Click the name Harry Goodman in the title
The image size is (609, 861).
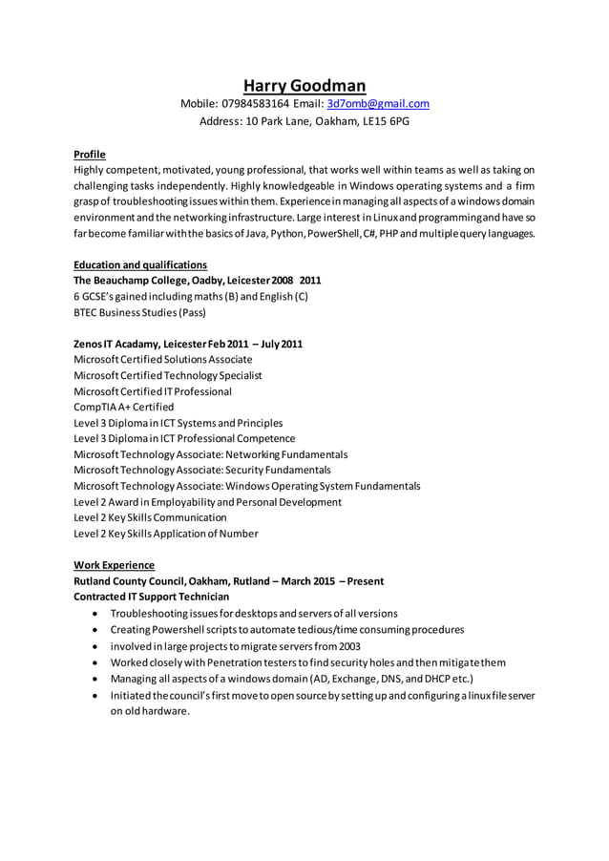[304, 84]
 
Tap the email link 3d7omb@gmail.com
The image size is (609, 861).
[378, 104]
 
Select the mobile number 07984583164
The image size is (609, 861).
[255, 104]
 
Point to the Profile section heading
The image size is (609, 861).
[90, 154]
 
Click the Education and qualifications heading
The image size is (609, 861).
[139, 264]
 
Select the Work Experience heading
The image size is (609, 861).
[114, 565]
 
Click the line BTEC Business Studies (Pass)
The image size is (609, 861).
[138, 312]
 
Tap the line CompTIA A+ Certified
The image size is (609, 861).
[123, 407]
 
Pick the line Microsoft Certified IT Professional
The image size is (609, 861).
[152, 391]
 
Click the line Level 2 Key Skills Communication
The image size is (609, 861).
[150, 517]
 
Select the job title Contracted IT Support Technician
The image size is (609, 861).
[151, 597]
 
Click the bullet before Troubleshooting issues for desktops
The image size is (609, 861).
[96, 614]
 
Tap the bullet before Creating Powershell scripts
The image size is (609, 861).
[96, 630]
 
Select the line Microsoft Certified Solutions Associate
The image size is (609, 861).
[162, 359]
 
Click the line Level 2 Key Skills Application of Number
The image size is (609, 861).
[165, 534]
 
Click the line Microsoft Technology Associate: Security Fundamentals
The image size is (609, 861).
[201, 470]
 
